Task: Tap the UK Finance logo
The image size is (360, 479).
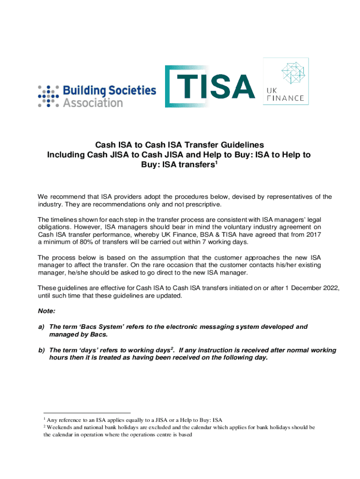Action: (x=286, y=81)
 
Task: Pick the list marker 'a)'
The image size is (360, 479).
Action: (x=41, y=327)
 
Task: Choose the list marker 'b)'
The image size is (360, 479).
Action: (x=41, y=350)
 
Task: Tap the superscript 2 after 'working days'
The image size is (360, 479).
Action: (x=173, y=348)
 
